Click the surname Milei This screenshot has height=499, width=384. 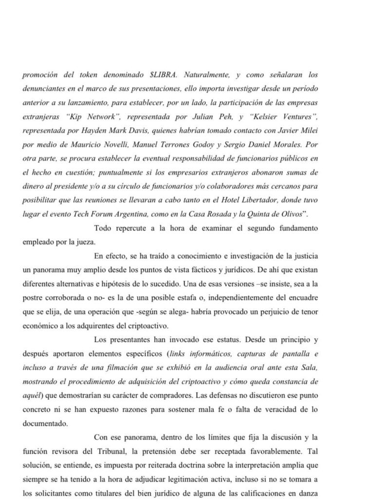coord(308,132)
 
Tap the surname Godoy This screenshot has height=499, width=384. coord(199,146)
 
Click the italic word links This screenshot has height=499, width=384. coord(179,340)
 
